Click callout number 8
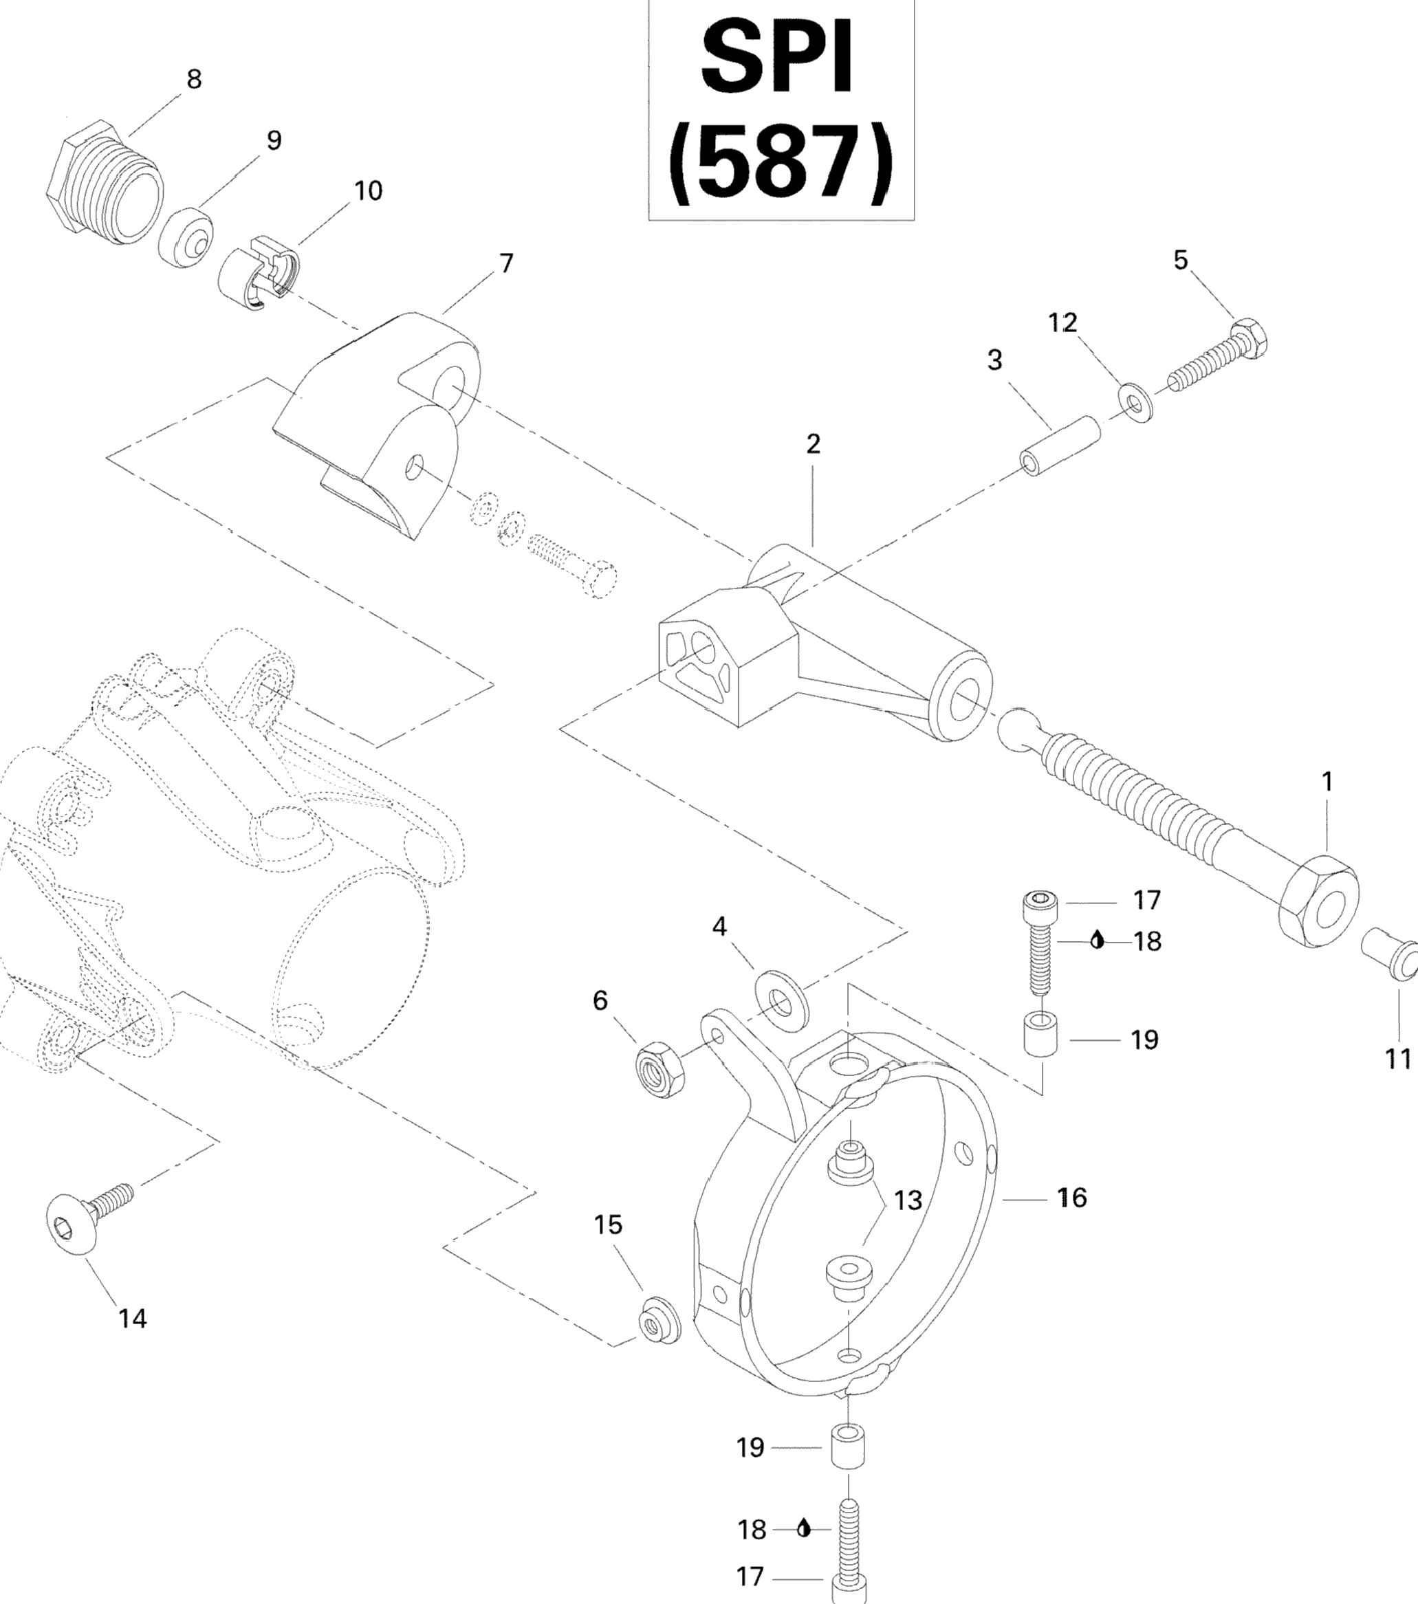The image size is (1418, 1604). coord(194,79)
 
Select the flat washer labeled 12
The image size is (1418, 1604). coord(1133,403)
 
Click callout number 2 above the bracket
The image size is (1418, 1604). coord(813,444)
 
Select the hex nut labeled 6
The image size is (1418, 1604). coord(659,1068)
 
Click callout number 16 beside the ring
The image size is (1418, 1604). coord(1072,1198)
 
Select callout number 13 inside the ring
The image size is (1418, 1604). coord(908,1200)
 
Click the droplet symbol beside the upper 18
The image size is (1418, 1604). coord(1098,939)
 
